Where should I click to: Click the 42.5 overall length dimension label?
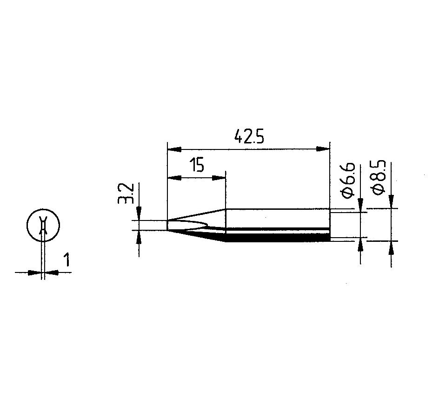click(x=249, y=136)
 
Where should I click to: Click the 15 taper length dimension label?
click(x=197, y=165)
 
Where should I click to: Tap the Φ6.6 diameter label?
click(x=348, y=181)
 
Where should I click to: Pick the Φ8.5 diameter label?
click(x=379, y=178)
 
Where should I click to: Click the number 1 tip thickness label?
click(x=67, y=259)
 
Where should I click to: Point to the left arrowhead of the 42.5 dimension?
click(x=174, y=149)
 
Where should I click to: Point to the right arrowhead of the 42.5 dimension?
click(x=323, y=149)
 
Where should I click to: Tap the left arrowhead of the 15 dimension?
click(x=174, y=178)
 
